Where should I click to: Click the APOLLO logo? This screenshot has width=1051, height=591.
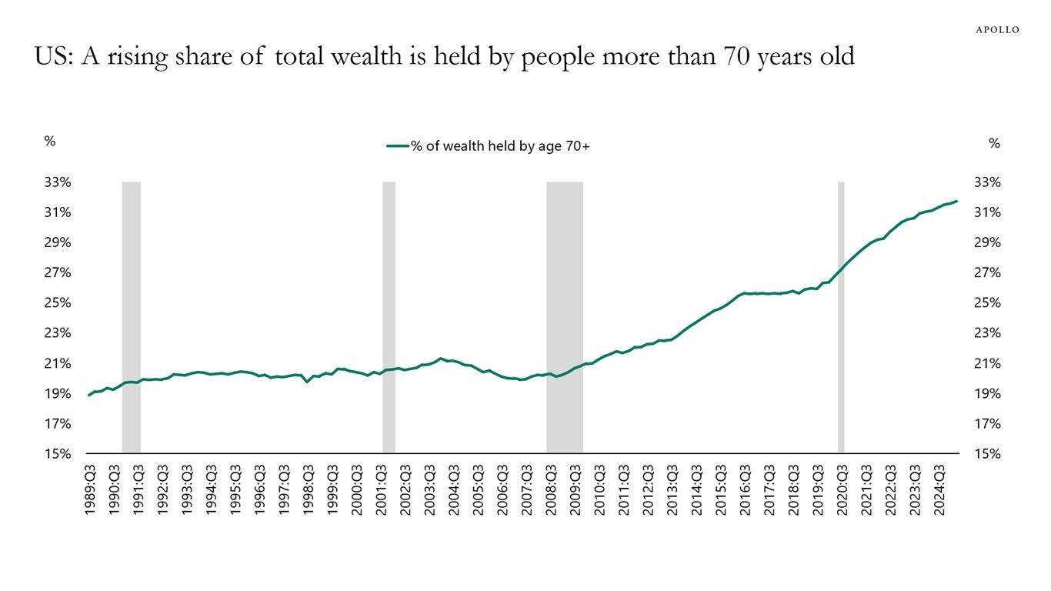(x=997, y=30)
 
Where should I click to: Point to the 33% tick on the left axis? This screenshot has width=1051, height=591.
(x=58, y=182)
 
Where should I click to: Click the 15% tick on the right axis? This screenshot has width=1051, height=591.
(x=987, y=454)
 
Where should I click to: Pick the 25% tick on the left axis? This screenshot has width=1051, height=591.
(x=58, y=303)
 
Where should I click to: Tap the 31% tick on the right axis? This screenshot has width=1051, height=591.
(x=987, y=212)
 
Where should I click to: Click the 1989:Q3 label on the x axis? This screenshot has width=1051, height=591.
(x=91, y=490)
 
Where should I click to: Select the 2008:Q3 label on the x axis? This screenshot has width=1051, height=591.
(x=552, y=490)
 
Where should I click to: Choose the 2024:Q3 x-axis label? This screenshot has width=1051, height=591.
(x=940, y=490)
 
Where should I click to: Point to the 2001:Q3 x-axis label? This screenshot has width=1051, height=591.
(x=382, y=490)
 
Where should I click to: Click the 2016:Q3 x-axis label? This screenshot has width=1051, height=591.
(x=746, y=490)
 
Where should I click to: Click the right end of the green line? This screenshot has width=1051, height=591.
(x=956, y=202)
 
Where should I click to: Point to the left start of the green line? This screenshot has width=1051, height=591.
(x=89, y=395)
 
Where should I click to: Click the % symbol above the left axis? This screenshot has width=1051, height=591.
(x=50, y=142)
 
